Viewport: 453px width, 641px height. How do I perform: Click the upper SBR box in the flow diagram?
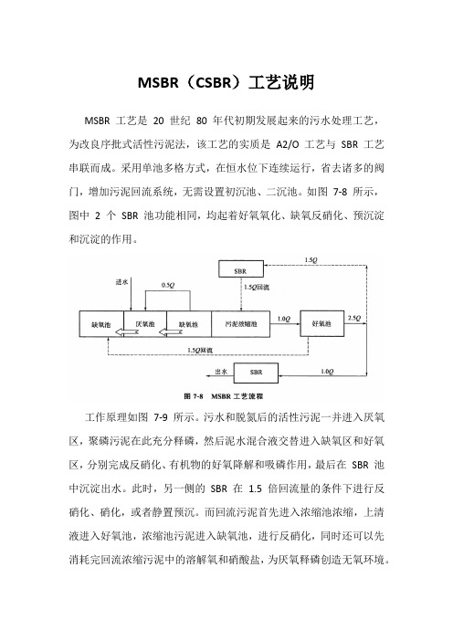241,269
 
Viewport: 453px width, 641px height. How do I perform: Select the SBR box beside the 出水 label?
256,373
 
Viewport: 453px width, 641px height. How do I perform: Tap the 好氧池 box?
322,323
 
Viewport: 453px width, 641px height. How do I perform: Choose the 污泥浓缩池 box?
241,324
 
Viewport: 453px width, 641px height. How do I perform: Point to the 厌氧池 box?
145,324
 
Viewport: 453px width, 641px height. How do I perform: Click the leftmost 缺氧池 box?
101,324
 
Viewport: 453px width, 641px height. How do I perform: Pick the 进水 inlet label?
121,281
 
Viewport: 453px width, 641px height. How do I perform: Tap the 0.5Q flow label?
168,285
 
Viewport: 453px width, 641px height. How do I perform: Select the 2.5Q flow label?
354,318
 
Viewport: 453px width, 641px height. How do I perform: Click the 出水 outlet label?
221,372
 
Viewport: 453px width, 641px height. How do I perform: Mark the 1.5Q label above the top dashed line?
311,259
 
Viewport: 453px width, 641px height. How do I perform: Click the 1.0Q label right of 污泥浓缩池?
284,319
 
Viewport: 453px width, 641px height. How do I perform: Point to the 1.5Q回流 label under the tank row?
200,350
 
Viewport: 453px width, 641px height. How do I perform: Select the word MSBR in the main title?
158,82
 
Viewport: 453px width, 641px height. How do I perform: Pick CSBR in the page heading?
214,82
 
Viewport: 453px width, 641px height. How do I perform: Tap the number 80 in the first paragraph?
202,121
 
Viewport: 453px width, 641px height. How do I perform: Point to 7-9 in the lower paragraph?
161,417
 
